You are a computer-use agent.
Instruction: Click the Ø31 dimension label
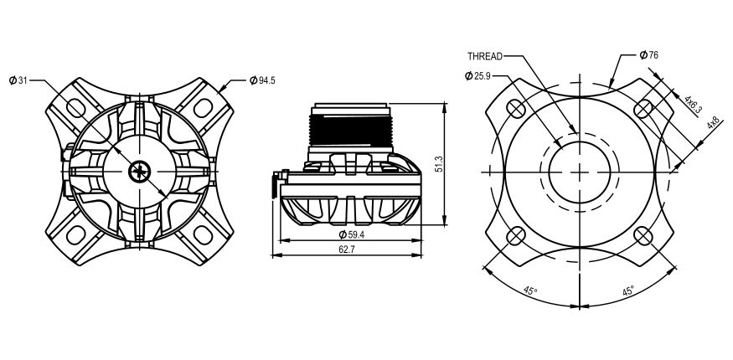18,80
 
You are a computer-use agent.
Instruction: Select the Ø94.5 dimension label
263,80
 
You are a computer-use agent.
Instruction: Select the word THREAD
484,56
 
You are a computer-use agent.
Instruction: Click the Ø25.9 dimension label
478,76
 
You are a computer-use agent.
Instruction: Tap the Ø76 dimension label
648,55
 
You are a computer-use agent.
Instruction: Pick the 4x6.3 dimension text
692,104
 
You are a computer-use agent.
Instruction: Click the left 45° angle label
530,291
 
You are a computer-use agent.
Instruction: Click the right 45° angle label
628,291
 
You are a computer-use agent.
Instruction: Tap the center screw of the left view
137,172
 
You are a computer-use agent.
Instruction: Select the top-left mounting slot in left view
75,108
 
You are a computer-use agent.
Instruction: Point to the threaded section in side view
351,130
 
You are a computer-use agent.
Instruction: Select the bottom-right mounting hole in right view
643,236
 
